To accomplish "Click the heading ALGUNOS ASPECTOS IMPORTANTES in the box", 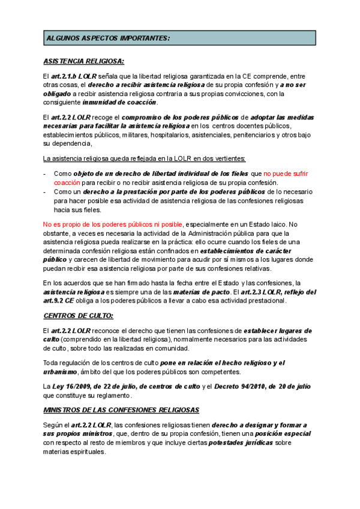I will [108, 38].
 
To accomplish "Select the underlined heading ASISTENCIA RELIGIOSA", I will [84, 61].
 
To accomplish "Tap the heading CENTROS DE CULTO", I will [79, 315].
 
